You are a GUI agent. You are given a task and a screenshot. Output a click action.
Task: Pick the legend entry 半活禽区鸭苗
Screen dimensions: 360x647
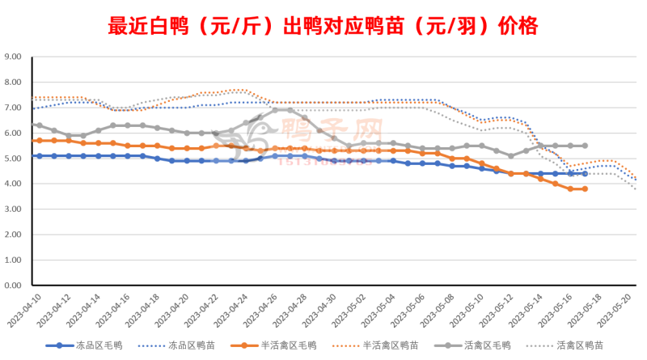396,345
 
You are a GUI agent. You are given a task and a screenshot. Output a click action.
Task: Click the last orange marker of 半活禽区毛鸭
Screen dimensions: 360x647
584,189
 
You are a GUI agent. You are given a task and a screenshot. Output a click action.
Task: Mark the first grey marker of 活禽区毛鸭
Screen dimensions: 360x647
38,125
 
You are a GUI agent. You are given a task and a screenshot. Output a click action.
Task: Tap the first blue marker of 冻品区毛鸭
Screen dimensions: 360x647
38,156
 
